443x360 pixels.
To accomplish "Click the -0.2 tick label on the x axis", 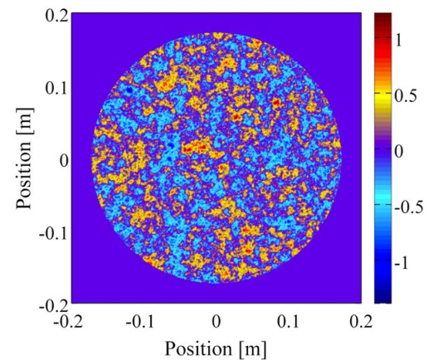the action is [68, 322].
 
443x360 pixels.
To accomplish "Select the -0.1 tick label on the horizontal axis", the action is [140, 322].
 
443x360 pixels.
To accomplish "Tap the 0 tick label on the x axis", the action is [217, 322].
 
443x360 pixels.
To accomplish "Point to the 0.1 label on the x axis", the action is [288, 322].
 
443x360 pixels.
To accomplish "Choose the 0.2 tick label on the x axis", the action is [361, 322].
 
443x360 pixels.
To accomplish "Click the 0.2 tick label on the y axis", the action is [56, 16].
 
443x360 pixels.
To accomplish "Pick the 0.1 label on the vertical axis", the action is [56, 88].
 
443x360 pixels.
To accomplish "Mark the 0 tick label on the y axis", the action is [64, 161].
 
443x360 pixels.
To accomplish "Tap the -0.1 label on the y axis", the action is [54, 234].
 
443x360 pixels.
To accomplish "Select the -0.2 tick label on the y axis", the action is [54, 306].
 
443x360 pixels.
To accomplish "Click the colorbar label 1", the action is [399, 41].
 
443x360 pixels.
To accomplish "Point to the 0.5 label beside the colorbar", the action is [406, 96].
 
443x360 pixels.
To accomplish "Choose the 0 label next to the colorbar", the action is [399, 152].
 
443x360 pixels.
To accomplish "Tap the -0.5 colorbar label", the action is [409, 207].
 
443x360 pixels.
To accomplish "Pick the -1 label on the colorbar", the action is [402, 263].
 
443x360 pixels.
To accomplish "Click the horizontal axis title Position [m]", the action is [216, 348].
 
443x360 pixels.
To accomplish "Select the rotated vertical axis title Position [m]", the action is [25, 158].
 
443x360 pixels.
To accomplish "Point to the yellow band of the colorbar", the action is [382, 96].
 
